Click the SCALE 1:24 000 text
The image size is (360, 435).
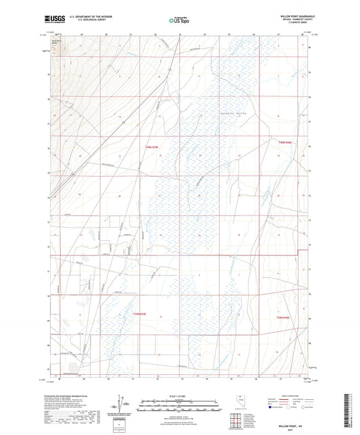[x=179, y=394]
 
